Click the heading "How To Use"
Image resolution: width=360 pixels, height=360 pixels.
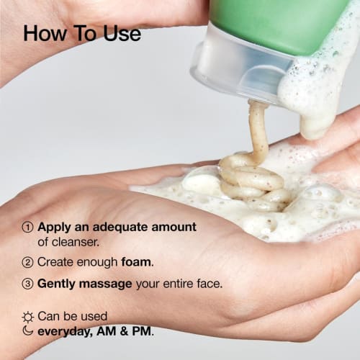82,33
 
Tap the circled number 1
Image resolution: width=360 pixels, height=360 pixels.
28,227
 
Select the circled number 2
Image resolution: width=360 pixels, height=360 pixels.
28,262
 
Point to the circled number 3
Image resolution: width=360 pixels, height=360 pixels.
28,284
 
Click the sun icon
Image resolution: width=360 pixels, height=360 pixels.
28,317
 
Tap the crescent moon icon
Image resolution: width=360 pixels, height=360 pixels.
28,331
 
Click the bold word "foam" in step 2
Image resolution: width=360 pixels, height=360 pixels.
137,262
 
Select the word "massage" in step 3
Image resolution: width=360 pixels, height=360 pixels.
108,284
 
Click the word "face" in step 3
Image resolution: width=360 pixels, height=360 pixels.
208,284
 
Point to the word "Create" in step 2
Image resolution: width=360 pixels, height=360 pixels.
55,262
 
